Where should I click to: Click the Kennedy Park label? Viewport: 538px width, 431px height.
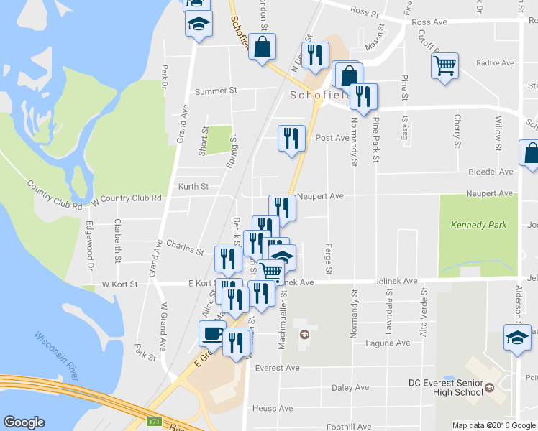(x=478, y=225)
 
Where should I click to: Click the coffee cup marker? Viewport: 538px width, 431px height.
(x=212, y=333)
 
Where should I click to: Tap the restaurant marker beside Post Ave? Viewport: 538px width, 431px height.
(x=291, y=136)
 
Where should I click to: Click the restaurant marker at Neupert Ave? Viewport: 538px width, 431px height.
(x=282, y=208)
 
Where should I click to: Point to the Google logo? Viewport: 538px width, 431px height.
(x=24, y=422)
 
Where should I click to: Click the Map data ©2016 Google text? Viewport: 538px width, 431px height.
(x=493, y=425)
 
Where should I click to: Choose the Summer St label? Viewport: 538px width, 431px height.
(x=216, y=91)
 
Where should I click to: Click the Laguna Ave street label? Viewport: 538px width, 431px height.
(x=391, y=343)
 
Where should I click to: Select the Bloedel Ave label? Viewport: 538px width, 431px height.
(x=491, y=172)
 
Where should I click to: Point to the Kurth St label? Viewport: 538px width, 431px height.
(x=193, y=186)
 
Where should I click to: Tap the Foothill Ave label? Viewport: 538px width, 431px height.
(x=348, y=426)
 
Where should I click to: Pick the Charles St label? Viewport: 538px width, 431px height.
(x=185, y=248)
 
